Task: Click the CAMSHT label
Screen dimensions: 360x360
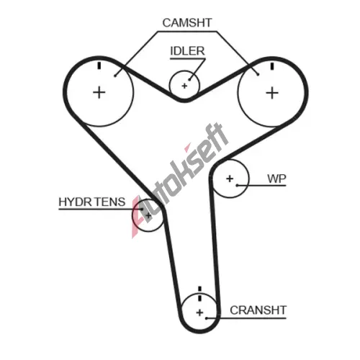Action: (187, 23)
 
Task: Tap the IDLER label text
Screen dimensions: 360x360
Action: (187, 51)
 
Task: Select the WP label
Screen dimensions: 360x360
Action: (276, 179)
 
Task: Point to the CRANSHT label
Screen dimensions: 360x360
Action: (258, 310)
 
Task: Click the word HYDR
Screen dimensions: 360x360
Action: (75, 202)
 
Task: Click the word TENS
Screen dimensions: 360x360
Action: (109, 202)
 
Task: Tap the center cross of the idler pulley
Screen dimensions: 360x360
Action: (184, 86)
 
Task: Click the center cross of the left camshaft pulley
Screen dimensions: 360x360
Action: (99, 93)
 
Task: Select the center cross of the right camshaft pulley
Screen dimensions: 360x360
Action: (272, 93)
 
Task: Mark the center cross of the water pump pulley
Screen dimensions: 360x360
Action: (230, 179)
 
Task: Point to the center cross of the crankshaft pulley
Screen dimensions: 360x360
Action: (199, 312)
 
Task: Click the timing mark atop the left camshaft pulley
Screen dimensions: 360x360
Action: (99, 66)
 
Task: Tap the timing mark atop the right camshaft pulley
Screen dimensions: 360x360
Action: (272, 66)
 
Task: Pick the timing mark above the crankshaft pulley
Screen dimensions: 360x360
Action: (199, 294)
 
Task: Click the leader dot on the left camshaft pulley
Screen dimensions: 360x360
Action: (115, 76)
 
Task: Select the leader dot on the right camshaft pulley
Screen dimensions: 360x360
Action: (258, 74)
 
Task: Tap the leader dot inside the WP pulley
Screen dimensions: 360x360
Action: (237, 185)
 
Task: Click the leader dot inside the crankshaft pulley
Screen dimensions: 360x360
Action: (206, 318)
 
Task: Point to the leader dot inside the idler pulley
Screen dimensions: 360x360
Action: (189, 79)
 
